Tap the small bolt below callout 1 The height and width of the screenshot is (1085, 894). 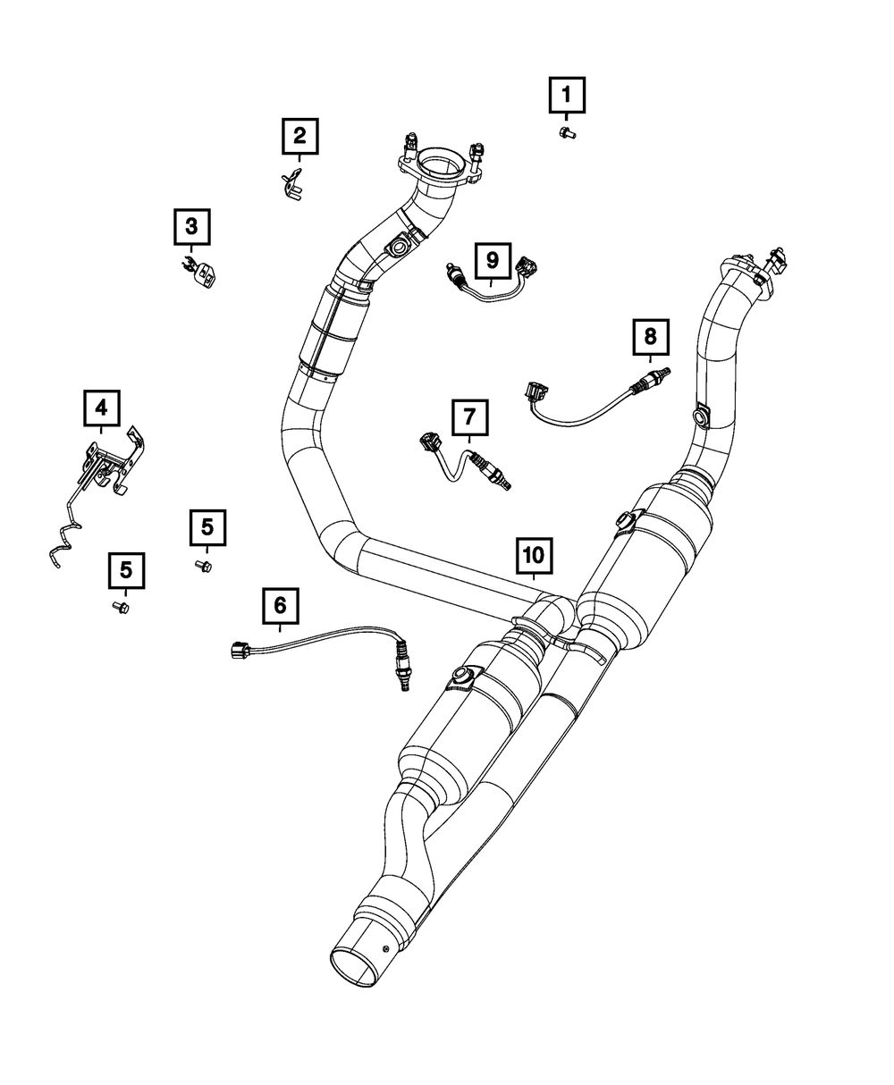[566, 133]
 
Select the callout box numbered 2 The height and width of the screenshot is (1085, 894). [299, 136]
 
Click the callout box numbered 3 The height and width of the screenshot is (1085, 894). [191, 227]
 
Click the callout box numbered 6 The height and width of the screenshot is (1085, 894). [280, 605]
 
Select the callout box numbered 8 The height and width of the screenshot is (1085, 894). [650, 336]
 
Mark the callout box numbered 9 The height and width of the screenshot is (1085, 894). [492, 260]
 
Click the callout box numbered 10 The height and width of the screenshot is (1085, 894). [533, 556]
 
